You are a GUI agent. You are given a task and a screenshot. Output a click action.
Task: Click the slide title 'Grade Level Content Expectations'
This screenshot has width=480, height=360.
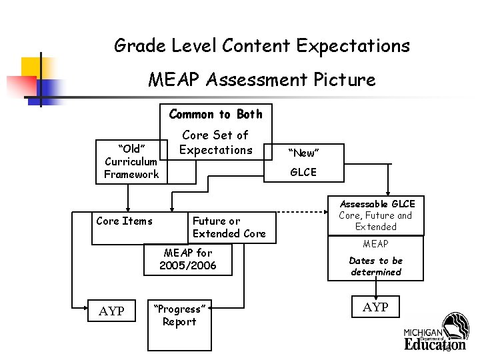(262, 46)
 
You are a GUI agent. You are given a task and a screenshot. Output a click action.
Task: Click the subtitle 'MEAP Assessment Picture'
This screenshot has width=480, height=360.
(262, 81)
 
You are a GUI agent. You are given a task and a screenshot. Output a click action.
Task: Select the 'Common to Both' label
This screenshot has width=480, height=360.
(215, 114)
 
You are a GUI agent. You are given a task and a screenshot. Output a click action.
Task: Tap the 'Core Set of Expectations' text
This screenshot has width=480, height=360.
(215, 143)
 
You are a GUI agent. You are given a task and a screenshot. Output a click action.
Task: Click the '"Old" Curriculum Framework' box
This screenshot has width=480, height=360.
(131, 161)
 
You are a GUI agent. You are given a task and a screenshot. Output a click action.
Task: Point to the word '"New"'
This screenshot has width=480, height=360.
(303, 153)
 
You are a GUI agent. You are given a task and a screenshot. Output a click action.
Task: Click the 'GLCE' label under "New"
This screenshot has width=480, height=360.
(303, 172)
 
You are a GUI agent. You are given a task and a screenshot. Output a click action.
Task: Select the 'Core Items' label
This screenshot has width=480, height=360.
(124, 221)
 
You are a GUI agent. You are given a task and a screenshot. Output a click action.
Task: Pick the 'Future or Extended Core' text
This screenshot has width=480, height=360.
(228, 227)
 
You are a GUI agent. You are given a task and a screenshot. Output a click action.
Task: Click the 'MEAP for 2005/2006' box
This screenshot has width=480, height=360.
(188, 259)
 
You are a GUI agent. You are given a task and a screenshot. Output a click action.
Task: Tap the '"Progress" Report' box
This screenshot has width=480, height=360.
(179, 315)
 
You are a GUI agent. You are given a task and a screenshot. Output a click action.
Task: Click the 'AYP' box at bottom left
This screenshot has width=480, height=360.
(111, 311)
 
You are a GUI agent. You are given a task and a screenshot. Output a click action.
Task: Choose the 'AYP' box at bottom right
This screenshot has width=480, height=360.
(376, 307)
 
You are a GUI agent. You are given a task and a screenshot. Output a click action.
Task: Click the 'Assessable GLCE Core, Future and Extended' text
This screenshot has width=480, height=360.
(376, 215)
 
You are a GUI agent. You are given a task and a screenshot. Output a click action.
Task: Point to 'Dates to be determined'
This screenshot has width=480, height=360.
(376, 266)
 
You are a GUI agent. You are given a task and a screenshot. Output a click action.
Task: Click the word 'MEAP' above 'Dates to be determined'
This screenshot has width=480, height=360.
(376, 244)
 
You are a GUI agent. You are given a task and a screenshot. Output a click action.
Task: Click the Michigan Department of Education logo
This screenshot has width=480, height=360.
(436, 333)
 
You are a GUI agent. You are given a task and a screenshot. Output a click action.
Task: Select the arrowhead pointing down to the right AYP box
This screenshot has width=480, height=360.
(376, 294)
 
